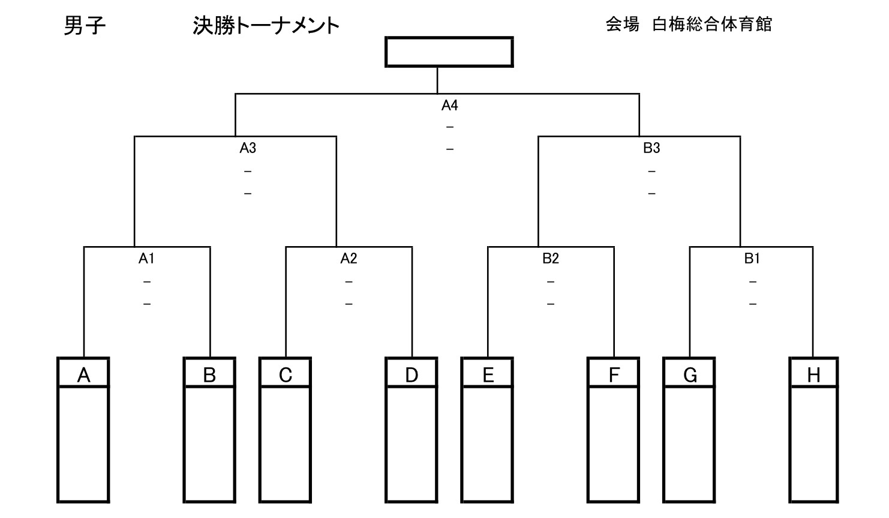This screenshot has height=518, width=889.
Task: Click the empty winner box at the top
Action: pos(449,52)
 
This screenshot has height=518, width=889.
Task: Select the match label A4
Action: pos(449,106)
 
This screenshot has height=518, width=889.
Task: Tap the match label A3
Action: pos(248,148)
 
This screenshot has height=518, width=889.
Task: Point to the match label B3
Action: pos(651,148)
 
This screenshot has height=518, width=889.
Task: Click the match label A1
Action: pos(146,259)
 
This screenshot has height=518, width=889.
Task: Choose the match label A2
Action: pos(349,259)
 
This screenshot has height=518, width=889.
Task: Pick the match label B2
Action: pos(550,259)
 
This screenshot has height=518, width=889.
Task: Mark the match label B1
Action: pos(752,259)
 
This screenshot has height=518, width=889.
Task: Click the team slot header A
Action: pos(83,375)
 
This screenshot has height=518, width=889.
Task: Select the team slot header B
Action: pos(209,375)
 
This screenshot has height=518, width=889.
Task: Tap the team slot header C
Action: pos(286,375)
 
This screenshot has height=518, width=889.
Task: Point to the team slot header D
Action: pos(412,375)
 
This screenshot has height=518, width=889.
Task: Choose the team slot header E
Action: pos(488,375)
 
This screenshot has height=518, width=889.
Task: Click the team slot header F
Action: pos(614,375)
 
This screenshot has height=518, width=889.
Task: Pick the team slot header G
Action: pos(690,375)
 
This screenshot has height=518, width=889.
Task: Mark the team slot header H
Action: pos(813,375)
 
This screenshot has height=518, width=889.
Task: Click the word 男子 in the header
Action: pos(85,26)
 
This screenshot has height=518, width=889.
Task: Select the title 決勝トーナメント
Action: pos(266,26)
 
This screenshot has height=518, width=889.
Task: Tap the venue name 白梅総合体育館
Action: pos(712,25)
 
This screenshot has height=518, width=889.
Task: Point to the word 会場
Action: pos(622,25)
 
